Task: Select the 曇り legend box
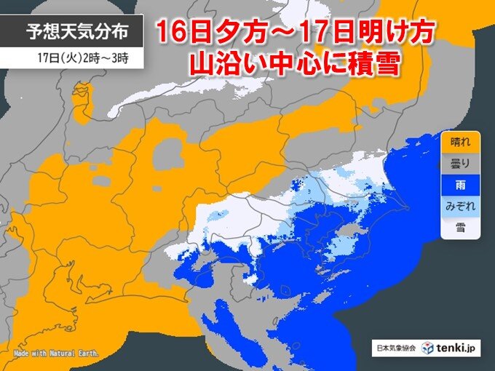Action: (x=460, y=164)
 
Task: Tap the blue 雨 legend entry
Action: (x=460, y=185)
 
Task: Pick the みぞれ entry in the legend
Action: (x=460, y=207)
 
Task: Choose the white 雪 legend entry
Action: (x=460, y=228)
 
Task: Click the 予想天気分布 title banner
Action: (x=70, y=31)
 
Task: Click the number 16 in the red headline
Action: (x=173, y=36)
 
